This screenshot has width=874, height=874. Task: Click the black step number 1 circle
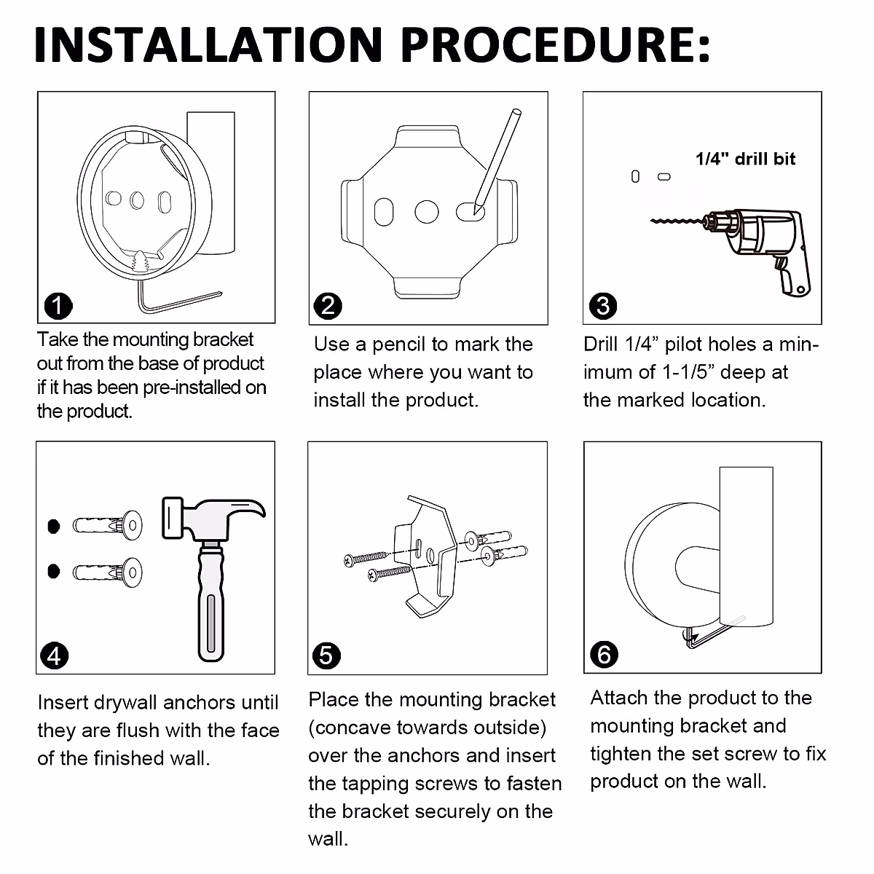58,306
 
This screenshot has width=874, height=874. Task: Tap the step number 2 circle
328,306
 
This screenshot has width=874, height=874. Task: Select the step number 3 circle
603,306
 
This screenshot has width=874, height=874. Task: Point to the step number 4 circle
55,655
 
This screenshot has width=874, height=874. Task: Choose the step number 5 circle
326,655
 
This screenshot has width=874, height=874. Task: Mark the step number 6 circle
604,655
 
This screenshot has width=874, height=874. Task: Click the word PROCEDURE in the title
555,44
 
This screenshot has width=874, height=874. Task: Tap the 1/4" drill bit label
745,159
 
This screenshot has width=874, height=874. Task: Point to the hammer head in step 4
213,520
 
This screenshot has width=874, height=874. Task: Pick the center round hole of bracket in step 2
426,212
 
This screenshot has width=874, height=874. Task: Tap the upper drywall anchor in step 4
108,526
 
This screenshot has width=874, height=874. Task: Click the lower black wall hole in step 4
53,572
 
